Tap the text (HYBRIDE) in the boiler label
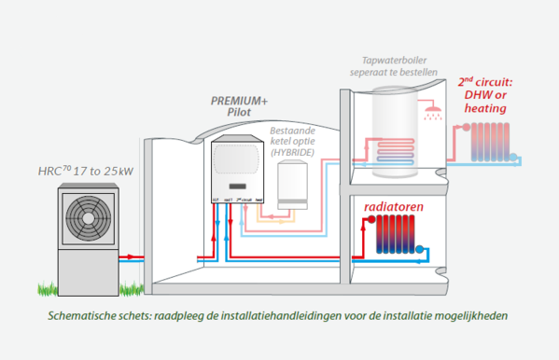(294, 151)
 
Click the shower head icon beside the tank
(431, 115)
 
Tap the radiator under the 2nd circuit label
(483, 140)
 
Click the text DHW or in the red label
(484, 94)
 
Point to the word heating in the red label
(484, 108)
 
